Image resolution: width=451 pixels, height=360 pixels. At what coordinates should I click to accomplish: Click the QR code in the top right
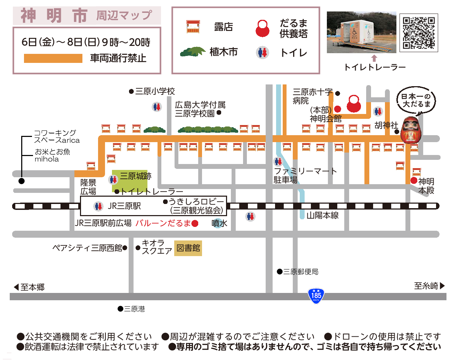(419, 33)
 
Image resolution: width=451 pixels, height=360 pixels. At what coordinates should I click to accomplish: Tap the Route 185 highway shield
(316, 296)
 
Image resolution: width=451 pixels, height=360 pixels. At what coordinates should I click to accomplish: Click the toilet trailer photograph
(361, 32)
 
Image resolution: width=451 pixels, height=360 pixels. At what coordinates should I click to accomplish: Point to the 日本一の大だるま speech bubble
(416, 100)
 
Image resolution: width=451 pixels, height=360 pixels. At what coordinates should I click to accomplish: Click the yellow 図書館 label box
(188, 248)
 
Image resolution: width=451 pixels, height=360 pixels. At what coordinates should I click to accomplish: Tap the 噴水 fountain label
(219, 223)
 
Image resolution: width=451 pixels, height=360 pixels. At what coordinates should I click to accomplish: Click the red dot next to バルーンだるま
(195, 223)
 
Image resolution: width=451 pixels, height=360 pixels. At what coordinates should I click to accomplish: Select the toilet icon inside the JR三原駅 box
(98, 206)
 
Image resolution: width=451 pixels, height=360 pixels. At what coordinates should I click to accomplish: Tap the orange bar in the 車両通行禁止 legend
(53, 58)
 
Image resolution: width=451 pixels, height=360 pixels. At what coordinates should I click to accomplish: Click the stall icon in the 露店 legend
(193, 27)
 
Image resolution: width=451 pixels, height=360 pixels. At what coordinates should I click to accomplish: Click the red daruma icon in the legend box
(263, 28)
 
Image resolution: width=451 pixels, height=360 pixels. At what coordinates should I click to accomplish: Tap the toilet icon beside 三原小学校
(157, 107)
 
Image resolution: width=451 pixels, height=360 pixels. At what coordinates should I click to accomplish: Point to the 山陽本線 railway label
(322, 215)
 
